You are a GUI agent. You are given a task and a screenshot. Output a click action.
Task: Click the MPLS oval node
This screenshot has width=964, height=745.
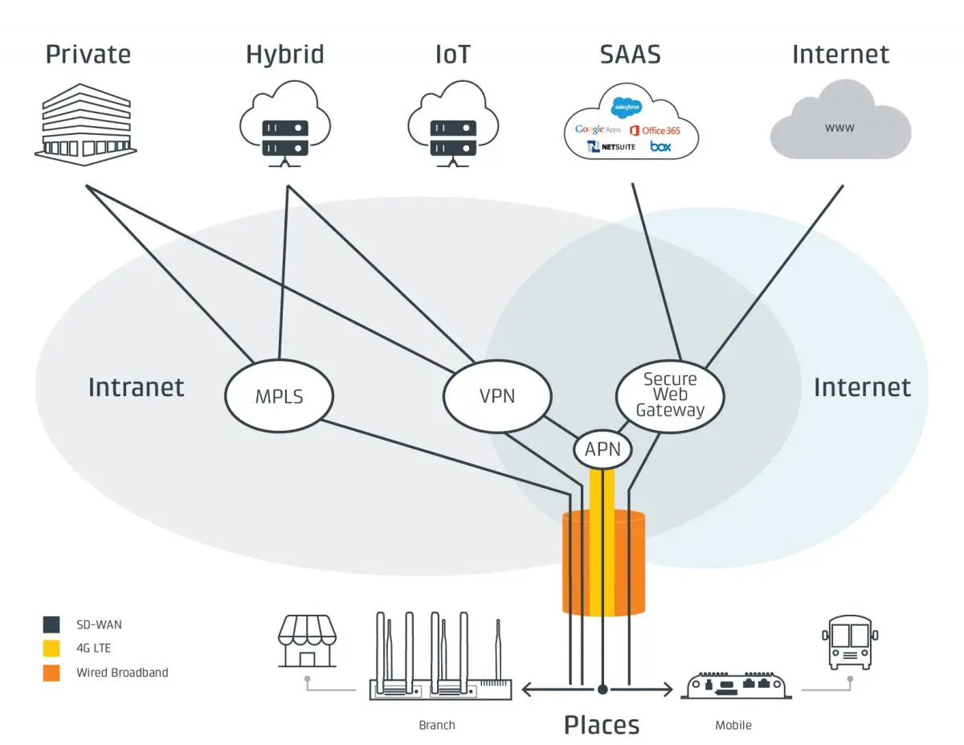coord(279,396)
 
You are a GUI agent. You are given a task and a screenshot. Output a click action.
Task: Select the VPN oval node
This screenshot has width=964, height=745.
coord(497,396)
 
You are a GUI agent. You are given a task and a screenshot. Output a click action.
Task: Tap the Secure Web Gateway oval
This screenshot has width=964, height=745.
coord(670,395)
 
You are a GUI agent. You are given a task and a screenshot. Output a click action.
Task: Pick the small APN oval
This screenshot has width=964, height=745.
coord(602,449)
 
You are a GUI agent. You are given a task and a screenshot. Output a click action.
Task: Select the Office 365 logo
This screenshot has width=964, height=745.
coord(655,130)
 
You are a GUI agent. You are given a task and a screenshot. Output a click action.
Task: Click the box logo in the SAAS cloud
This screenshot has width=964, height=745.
coord(660,146)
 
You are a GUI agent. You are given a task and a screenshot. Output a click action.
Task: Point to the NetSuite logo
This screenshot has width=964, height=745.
coord(611,146)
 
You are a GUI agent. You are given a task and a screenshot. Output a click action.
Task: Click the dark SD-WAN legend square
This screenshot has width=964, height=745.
coord(51,624)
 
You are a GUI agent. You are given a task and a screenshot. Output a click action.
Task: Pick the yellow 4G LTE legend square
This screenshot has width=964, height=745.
coord(51,649)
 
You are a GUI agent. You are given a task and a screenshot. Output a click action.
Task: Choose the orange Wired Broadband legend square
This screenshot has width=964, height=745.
coord(51,673)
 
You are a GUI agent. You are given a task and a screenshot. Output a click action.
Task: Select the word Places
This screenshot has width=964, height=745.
coord(602,725)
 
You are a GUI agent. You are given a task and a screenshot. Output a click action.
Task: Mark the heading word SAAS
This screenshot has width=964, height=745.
coord(630,55)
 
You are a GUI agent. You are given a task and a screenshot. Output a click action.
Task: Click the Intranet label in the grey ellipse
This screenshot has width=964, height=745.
coord(136,387)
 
